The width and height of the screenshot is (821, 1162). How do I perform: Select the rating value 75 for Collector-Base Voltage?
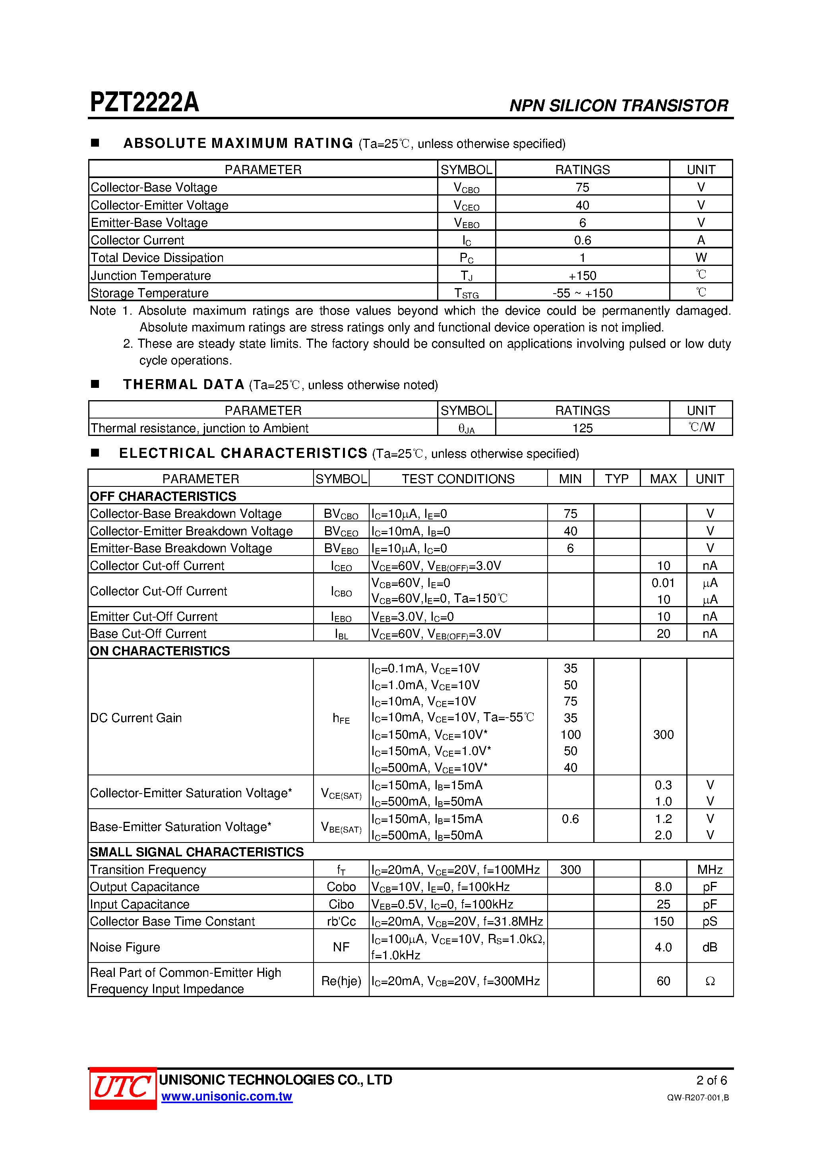point(582,187)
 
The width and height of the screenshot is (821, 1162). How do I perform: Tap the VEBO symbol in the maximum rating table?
point(466,223)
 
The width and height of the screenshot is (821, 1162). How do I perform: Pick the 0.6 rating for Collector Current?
point(582,240)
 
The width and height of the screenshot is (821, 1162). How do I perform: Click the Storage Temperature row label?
point(149,293)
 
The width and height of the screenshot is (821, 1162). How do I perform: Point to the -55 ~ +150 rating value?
point(582,293)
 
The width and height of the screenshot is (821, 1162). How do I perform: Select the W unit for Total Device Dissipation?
point(701,258)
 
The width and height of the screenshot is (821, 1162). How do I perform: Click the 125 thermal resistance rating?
point(582,428)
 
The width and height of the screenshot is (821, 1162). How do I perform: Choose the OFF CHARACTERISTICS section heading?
point(163,496)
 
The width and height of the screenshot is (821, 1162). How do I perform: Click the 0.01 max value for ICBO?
point(662,583)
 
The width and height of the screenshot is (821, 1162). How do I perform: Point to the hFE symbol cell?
point(341,718)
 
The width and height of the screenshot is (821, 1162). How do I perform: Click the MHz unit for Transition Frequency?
point(710,870)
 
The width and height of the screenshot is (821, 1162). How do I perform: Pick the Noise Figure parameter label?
point(125,947)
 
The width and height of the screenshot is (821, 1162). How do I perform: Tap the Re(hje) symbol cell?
point(341,981)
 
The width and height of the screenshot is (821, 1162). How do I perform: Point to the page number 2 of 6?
point(711,1080)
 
